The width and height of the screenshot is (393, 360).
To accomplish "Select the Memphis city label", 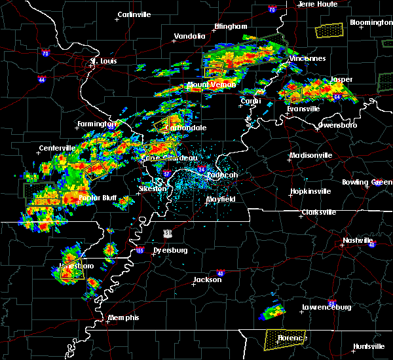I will pos(124,317).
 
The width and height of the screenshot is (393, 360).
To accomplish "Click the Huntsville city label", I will pos(369,346).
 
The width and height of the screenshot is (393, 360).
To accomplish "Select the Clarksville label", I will pos(318,212).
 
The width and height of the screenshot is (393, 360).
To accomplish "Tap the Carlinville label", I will pos(134,14).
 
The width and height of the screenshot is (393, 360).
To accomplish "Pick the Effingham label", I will pos(231,26).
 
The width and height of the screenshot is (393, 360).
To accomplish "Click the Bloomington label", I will pos(371,22).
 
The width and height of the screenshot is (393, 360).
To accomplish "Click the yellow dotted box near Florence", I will pos(285,338).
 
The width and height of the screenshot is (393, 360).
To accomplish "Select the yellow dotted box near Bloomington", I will pos(329,30).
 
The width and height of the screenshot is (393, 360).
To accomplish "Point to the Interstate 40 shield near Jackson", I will pos(220,273).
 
